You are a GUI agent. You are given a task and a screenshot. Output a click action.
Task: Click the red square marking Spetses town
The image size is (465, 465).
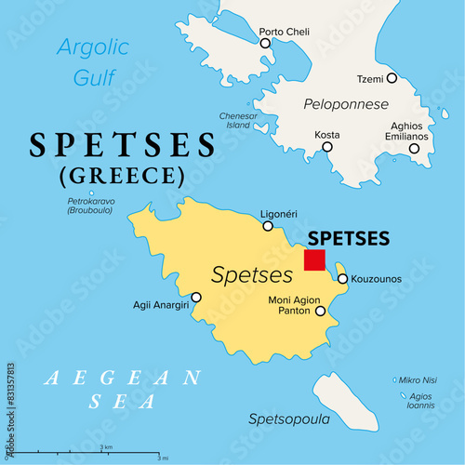point(314,259)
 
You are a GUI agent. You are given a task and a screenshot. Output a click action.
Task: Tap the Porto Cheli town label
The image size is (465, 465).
point(284,31)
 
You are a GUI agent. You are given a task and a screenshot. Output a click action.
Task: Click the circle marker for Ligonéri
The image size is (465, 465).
point(268,226)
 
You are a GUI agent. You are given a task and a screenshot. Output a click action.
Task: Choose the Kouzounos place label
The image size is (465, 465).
point(377,279)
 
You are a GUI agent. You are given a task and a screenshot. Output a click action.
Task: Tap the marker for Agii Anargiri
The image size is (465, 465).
point(196,299)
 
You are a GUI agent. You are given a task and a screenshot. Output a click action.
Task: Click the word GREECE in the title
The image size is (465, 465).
point(120,175)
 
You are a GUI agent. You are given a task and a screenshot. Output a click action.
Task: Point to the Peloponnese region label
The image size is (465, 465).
point(345,104)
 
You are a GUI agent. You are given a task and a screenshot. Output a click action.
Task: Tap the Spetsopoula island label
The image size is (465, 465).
point(288,419)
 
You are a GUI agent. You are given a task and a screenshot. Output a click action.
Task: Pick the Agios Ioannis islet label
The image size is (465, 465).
point(422,401)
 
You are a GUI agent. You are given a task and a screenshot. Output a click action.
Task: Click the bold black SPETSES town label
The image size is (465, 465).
point(348,238)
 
